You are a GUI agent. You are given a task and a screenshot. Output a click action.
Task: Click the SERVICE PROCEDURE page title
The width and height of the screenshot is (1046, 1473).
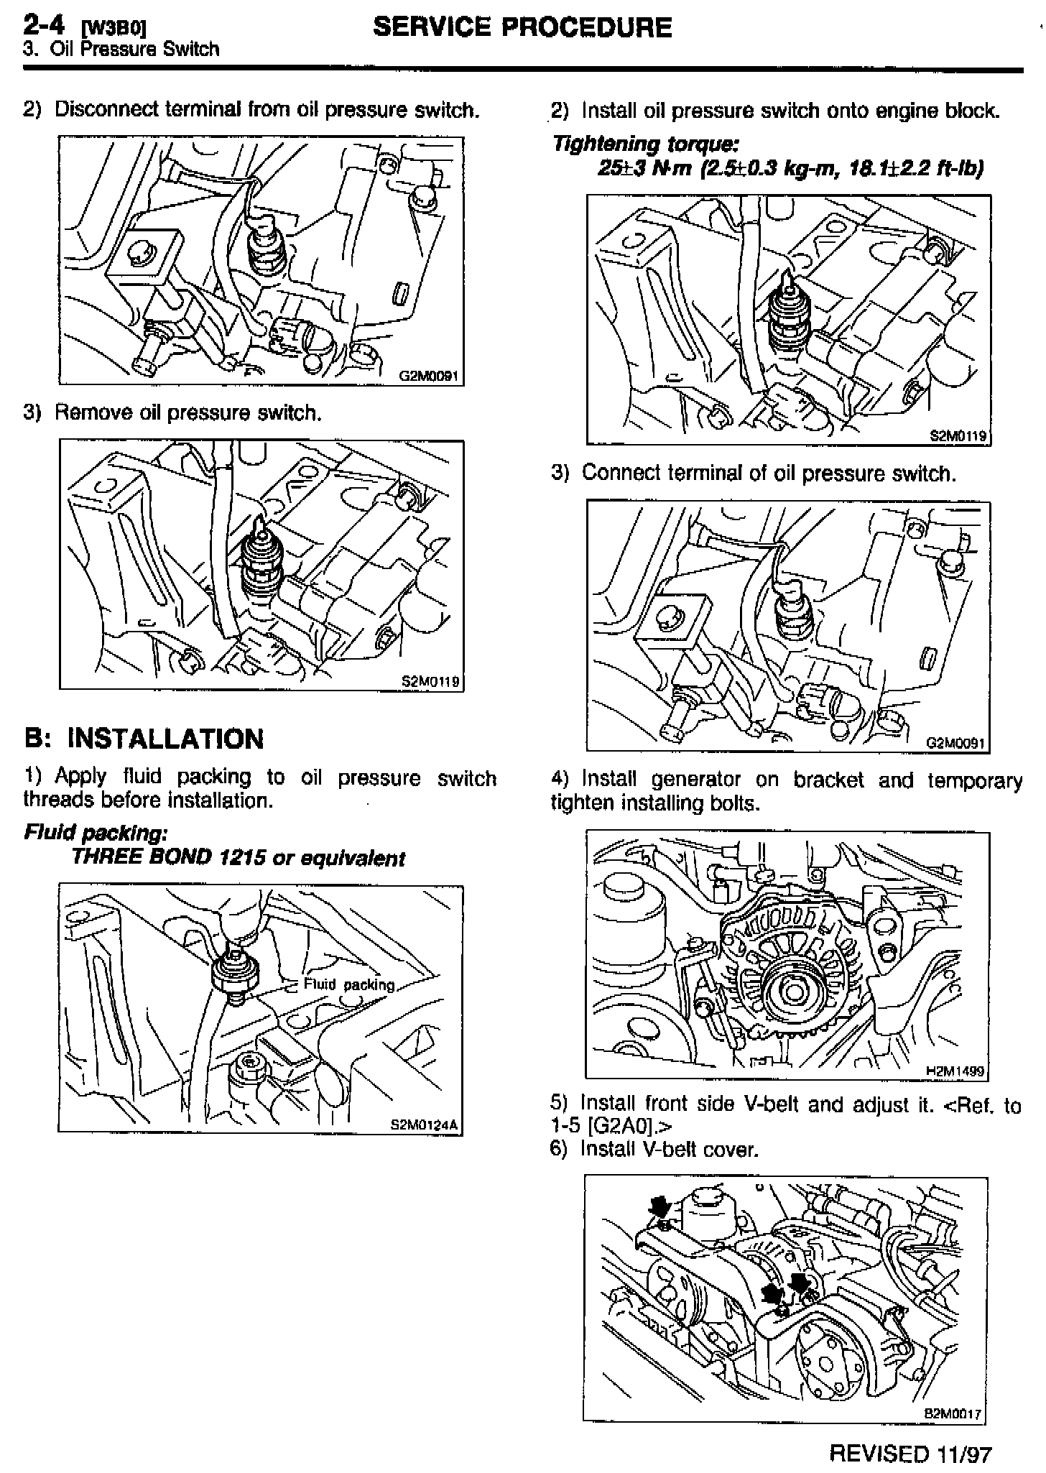522,27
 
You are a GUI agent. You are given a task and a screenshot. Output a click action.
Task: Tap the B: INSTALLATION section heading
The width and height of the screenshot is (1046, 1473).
144,739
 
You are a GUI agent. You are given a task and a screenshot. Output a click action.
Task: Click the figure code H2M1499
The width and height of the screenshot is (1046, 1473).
954,1071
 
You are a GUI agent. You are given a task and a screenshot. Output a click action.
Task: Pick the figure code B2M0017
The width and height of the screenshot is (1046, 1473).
952,1413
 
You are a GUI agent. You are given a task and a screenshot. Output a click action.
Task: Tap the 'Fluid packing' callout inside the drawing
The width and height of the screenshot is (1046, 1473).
349,984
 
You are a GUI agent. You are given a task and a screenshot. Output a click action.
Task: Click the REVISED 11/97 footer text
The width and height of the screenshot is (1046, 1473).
910,1454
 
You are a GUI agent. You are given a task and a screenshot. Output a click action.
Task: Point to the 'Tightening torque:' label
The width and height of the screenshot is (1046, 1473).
645,144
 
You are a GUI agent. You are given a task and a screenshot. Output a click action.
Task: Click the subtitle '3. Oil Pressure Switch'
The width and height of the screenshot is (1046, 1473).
121,49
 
